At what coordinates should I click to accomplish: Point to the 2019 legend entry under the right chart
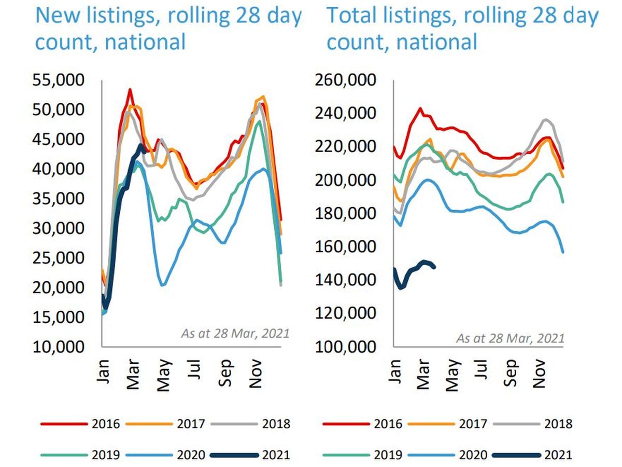(387, 455)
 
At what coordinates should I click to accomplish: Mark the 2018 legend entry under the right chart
(558, 424)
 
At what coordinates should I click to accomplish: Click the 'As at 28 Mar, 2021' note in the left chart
(234, 333)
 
